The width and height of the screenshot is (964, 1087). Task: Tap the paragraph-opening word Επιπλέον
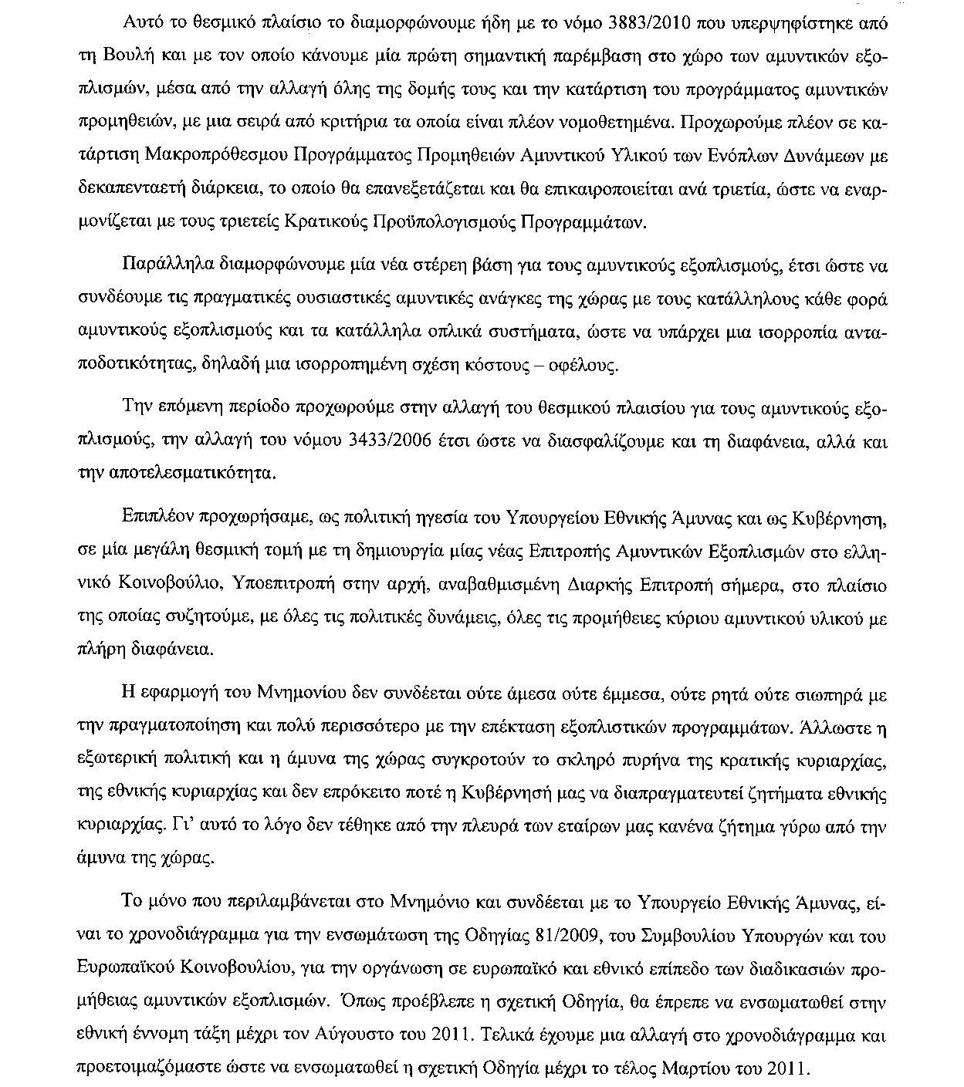click(159, 518)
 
